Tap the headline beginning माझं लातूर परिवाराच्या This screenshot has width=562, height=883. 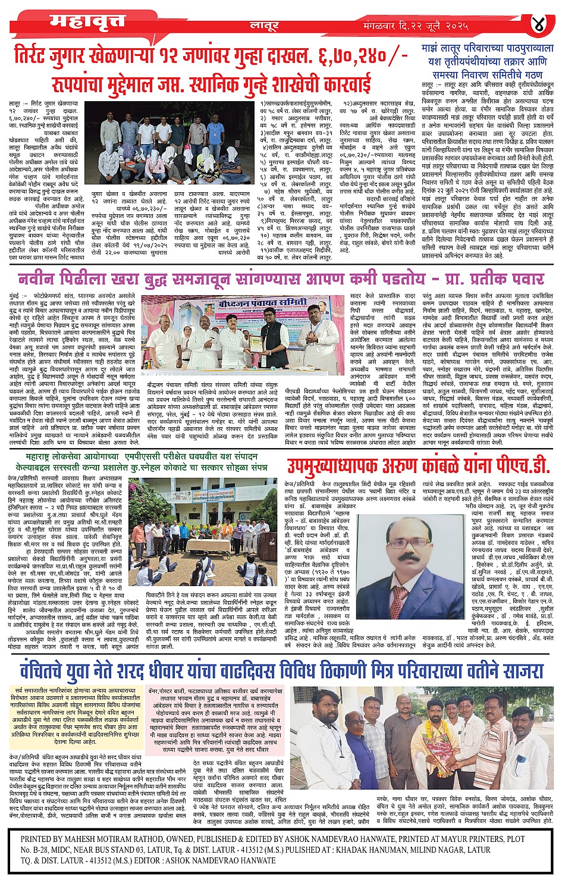coord(487,48)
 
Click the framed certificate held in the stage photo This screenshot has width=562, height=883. coord(255,343)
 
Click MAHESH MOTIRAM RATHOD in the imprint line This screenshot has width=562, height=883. coord(133,838)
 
